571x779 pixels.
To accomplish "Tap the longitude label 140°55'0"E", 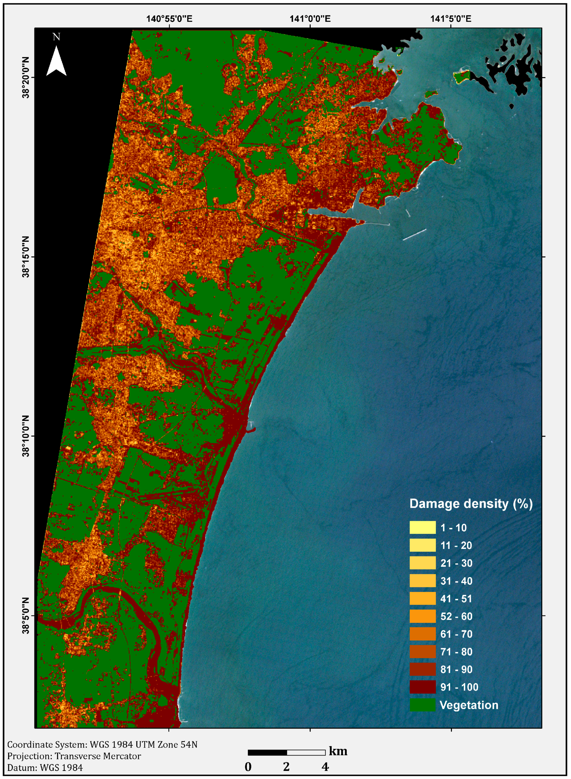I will click(169, 18).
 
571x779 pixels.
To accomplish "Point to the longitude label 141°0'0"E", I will click(310, 18).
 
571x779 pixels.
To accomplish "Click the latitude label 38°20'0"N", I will click(26, 78).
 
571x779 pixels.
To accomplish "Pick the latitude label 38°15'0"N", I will click(26, 257).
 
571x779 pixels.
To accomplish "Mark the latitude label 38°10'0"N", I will click(26, 436).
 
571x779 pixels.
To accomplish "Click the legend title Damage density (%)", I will click(471, 504).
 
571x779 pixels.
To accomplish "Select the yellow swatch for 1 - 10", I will click(422, 528).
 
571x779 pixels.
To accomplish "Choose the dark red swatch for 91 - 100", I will click(422, 687).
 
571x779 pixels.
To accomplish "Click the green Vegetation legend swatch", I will click(422, 705).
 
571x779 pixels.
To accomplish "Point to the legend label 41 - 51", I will click(456, 598).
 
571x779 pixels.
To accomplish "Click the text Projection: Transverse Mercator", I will click(74, 756).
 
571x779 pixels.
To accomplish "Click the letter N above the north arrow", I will click(56, 37).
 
